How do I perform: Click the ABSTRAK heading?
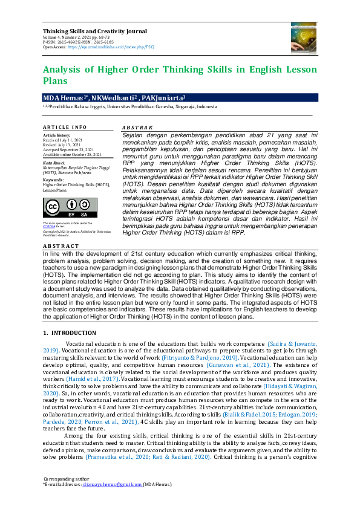[138, 128]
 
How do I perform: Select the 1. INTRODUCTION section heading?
[70, 334]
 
